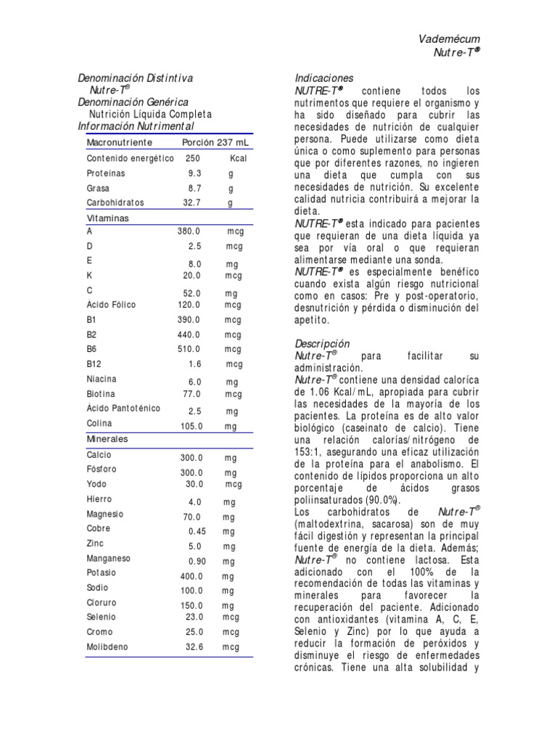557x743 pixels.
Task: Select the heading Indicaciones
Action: tap(324, 78)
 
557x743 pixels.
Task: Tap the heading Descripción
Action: tap(322, 343)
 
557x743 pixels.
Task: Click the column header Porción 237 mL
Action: tap(215, 143)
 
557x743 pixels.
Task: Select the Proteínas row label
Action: tap(106, 173)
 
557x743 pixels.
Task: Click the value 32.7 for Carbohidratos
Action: tap(191, 203)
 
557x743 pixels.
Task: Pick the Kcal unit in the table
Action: tap(239, 158)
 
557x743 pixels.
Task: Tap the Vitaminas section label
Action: tap(108, 218)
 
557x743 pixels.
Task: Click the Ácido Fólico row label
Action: tap(111, 305)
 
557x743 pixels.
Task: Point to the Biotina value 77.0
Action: tap(191, 394)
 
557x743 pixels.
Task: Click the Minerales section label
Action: tap(107, 439)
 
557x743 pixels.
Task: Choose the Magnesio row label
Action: tap(105, 514)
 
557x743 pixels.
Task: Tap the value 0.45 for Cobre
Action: tap(197, 531)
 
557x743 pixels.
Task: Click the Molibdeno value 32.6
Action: tap(195, 646)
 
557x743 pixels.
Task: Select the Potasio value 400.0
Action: tap(191, 576)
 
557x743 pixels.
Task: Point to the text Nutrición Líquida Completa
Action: tap(150, 115)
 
